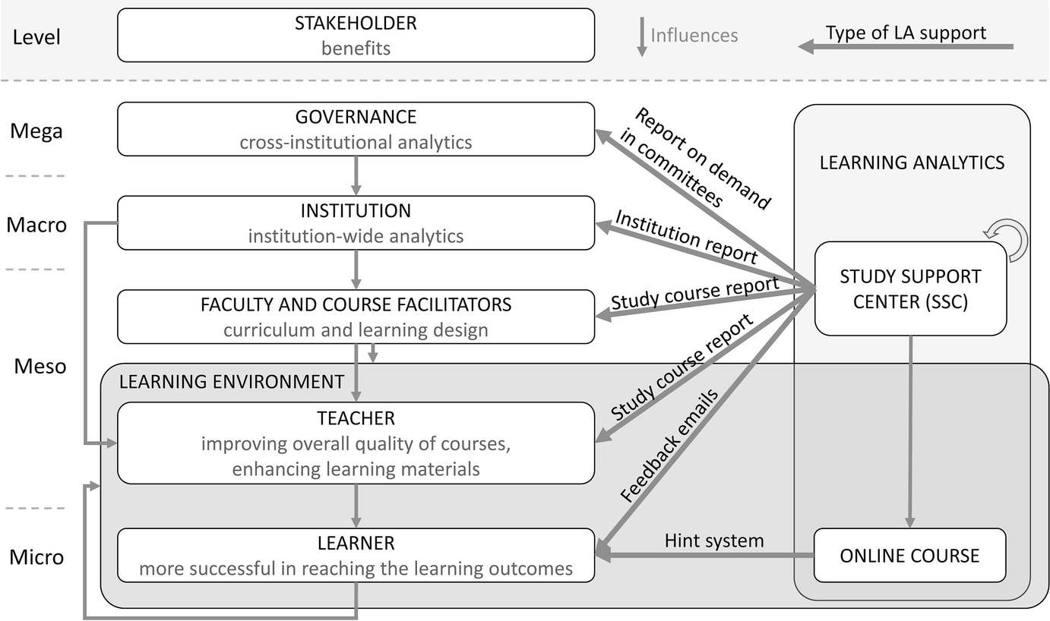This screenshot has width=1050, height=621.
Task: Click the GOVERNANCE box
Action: [356, 129]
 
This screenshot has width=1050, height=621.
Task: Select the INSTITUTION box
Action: [356, 222]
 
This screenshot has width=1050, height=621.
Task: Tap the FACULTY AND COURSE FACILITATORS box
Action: [356, 316]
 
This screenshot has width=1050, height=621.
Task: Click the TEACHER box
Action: [356, 443]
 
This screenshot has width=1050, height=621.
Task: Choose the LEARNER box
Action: [356, 556]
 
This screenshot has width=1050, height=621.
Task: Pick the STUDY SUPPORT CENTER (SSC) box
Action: [910, 288]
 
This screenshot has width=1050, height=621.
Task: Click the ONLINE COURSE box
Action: [909, 556]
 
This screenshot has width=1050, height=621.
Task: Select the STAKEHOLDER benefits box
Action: [356, 35]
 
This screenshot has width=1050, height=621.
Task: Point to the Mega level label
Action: [36, 131]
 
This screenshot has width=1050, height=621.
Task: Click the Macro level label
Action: [36, 225]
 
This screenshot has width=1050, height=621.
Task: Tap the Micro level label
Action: [36, 557]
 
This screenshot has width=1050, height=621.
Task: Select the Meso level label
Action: [40, 367]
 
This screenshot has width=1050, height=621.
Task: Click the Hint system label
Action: [713, 541]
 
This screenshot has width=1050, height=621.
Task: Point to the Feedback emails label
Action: [668, 447]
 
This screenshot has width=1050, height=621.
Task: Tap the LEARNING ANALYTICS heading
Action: [912, 162]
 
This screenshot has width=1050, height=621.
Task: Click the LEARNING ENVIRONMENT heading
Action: [232, 381]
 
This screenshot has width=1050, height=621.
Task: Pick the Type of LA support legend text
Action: [906, 33]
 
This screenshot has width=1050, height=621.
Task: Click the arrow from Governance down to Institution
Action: [356, 175]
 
